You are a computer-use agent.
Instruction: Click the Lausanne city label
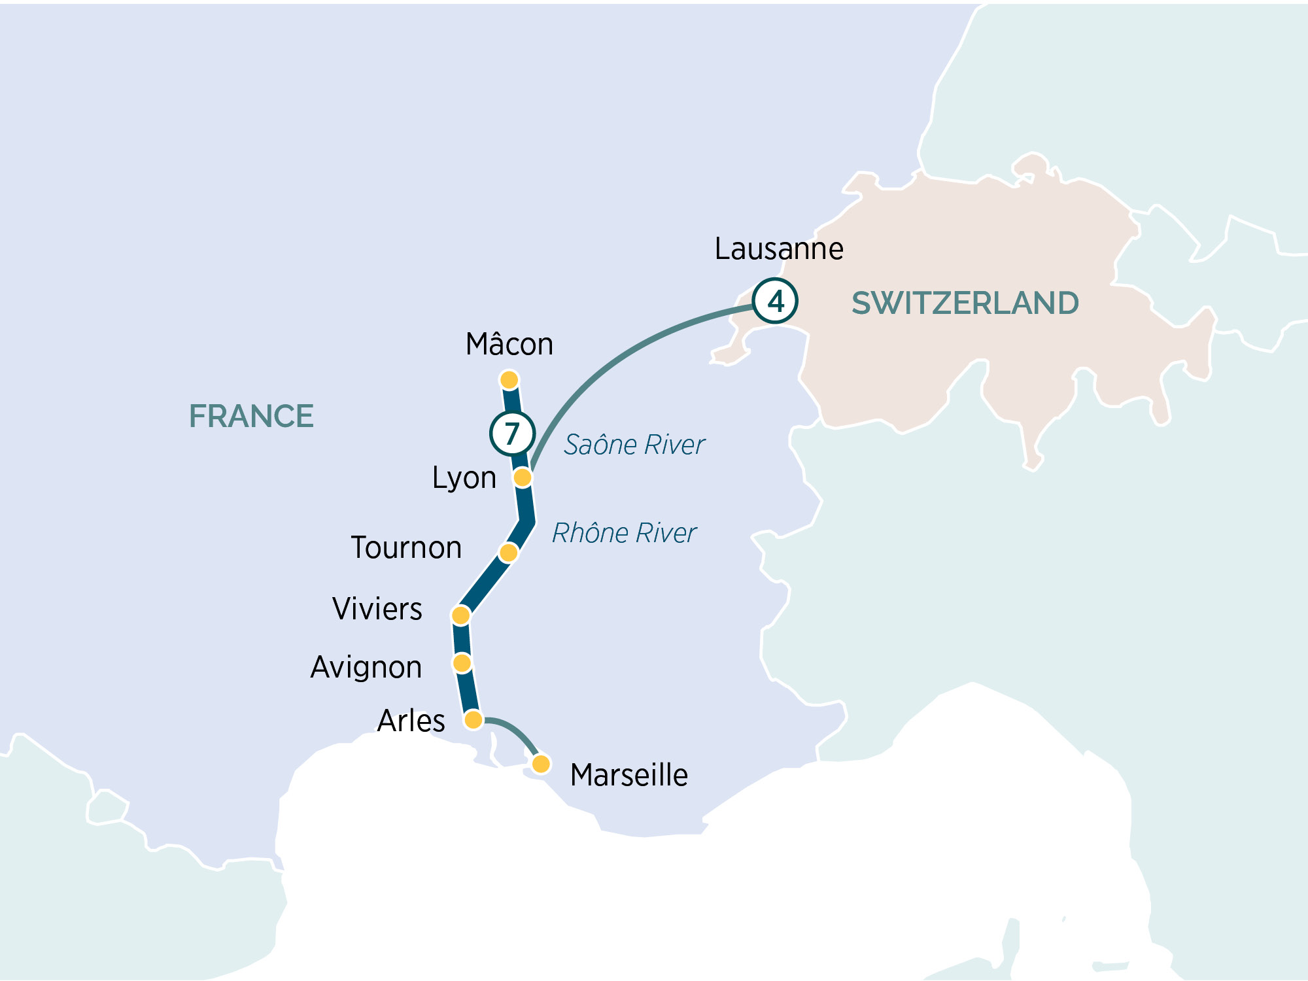click(x=778, y=249)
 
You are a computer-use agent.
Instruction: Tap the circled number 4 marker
click(x=775, y=301)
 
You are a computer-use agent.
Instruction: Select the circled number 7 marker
click(x=512, y=433)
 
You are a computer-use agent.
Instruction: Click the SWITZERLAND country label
click(x=965, y=303)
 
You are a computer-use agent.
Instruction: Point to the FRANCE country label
click(x=251, y=417)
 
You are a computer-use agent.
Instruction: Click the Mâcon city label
click(x=509, y=345)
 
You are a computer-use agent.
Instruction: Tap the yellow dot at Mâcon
click(x=509, y=379)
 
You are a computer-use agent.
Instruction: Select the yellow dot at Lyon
click(x=522, y=477)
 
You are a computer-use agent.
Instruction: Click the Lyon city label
click(x=464, y=478)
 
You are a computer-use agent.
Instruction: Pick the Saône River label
click(x=634, y=445)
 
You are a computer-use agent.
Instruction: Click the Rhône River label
click(x=624, y=533)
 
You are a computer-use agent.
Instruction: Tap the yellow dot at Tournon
click(x=508, y=553)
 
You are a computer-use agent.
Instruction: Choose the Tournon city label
click(x=406, y=548)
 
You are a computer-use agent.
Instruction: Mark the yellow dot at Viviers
click(x=460, y=615)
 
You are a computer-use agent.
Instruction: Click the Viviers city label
click(x=377, y=609)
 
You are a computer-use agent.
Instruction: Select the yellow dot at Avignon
click(x=462, y=663)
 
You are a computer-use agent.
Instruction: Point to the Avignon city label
click(x=366, y=668)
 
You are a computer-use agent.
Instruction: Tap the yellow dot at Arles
click(x=473, y=720)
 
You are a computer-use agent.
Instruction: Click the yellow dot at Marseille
click(x=541, y=763)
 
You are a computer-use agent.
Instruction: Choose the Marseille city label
click(x=628, y=776)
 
